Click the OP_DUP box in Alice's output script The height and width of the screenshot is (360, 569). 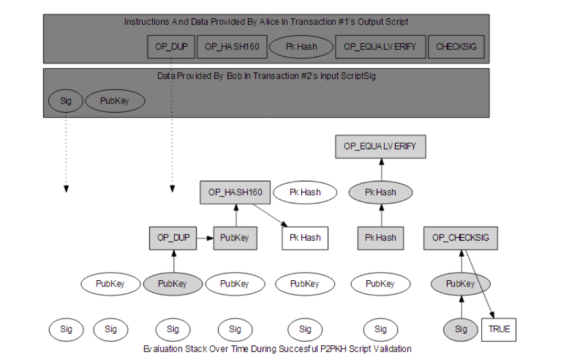tap(172, 47)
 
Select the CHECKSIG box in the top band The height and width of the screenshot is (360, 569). tap(456, 47)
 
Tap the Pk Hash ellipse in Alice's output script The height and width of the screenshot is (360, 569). tap(301, 47)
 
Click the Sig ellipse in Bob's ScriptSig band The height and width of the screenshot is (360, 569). tap(66, 101)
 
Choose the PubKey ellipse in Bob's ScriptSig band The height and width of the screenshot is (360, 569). tap(115, 101)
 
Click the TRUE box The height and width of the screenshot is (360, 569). tap(499, 330)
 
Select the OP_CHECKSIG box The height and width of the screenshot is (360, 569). tap(460, 238)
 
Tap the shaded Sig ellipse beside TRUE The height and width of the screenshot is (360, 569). tap(460, 330)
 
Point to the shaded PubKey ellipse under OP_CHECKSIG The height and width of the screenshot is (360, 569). tap(460, 284)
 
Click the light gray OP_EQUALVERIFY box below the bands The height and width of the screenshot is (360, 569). tap(381, 146)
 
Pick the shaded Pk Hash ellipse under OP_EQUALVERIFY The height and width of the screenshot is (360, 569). tap(381, 193)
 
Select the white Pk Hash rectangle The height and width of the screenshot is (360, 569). tap(305, 238)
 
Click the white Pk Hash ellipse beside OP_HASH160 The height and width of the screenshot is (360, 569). tap(305, 193)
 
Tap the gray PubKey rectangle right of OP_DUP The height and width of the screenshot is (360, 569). tap(234, 238)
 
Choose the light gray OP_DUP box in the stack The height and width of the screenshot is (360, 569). tap(173, 238)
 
